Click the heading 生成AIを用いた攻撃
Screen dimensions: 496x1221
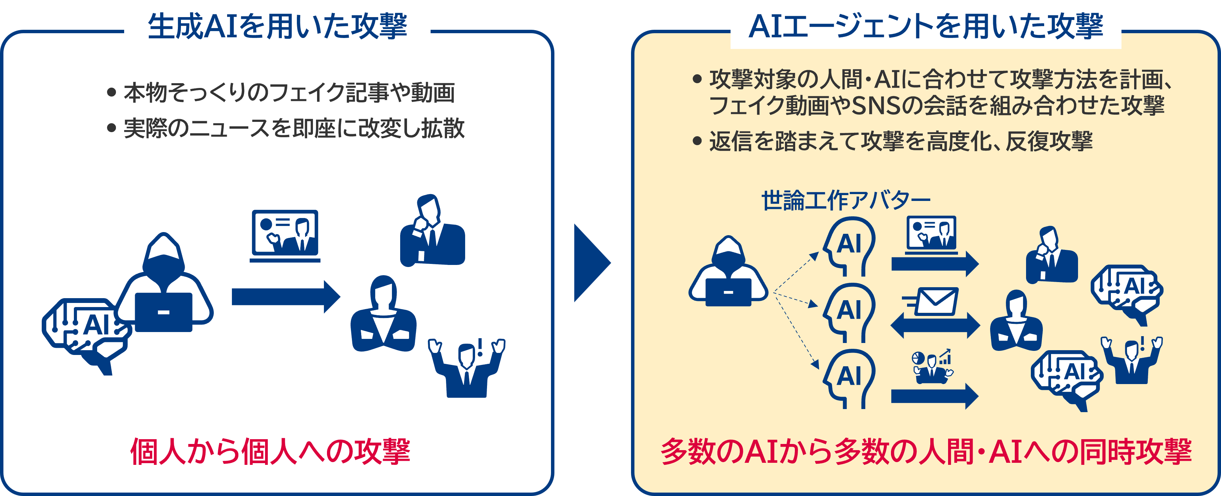[x=277, y=27]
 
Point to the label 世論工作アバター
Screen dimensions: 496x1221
[x=845, y=201]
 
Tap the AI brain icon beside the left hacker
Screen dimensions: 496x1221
[x=85, y=332]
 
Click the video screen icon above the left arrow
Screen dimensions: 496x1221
[x=285, y=235]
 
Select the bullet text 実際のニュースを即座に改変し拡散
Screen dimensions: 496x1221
[x=294, y=128]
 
